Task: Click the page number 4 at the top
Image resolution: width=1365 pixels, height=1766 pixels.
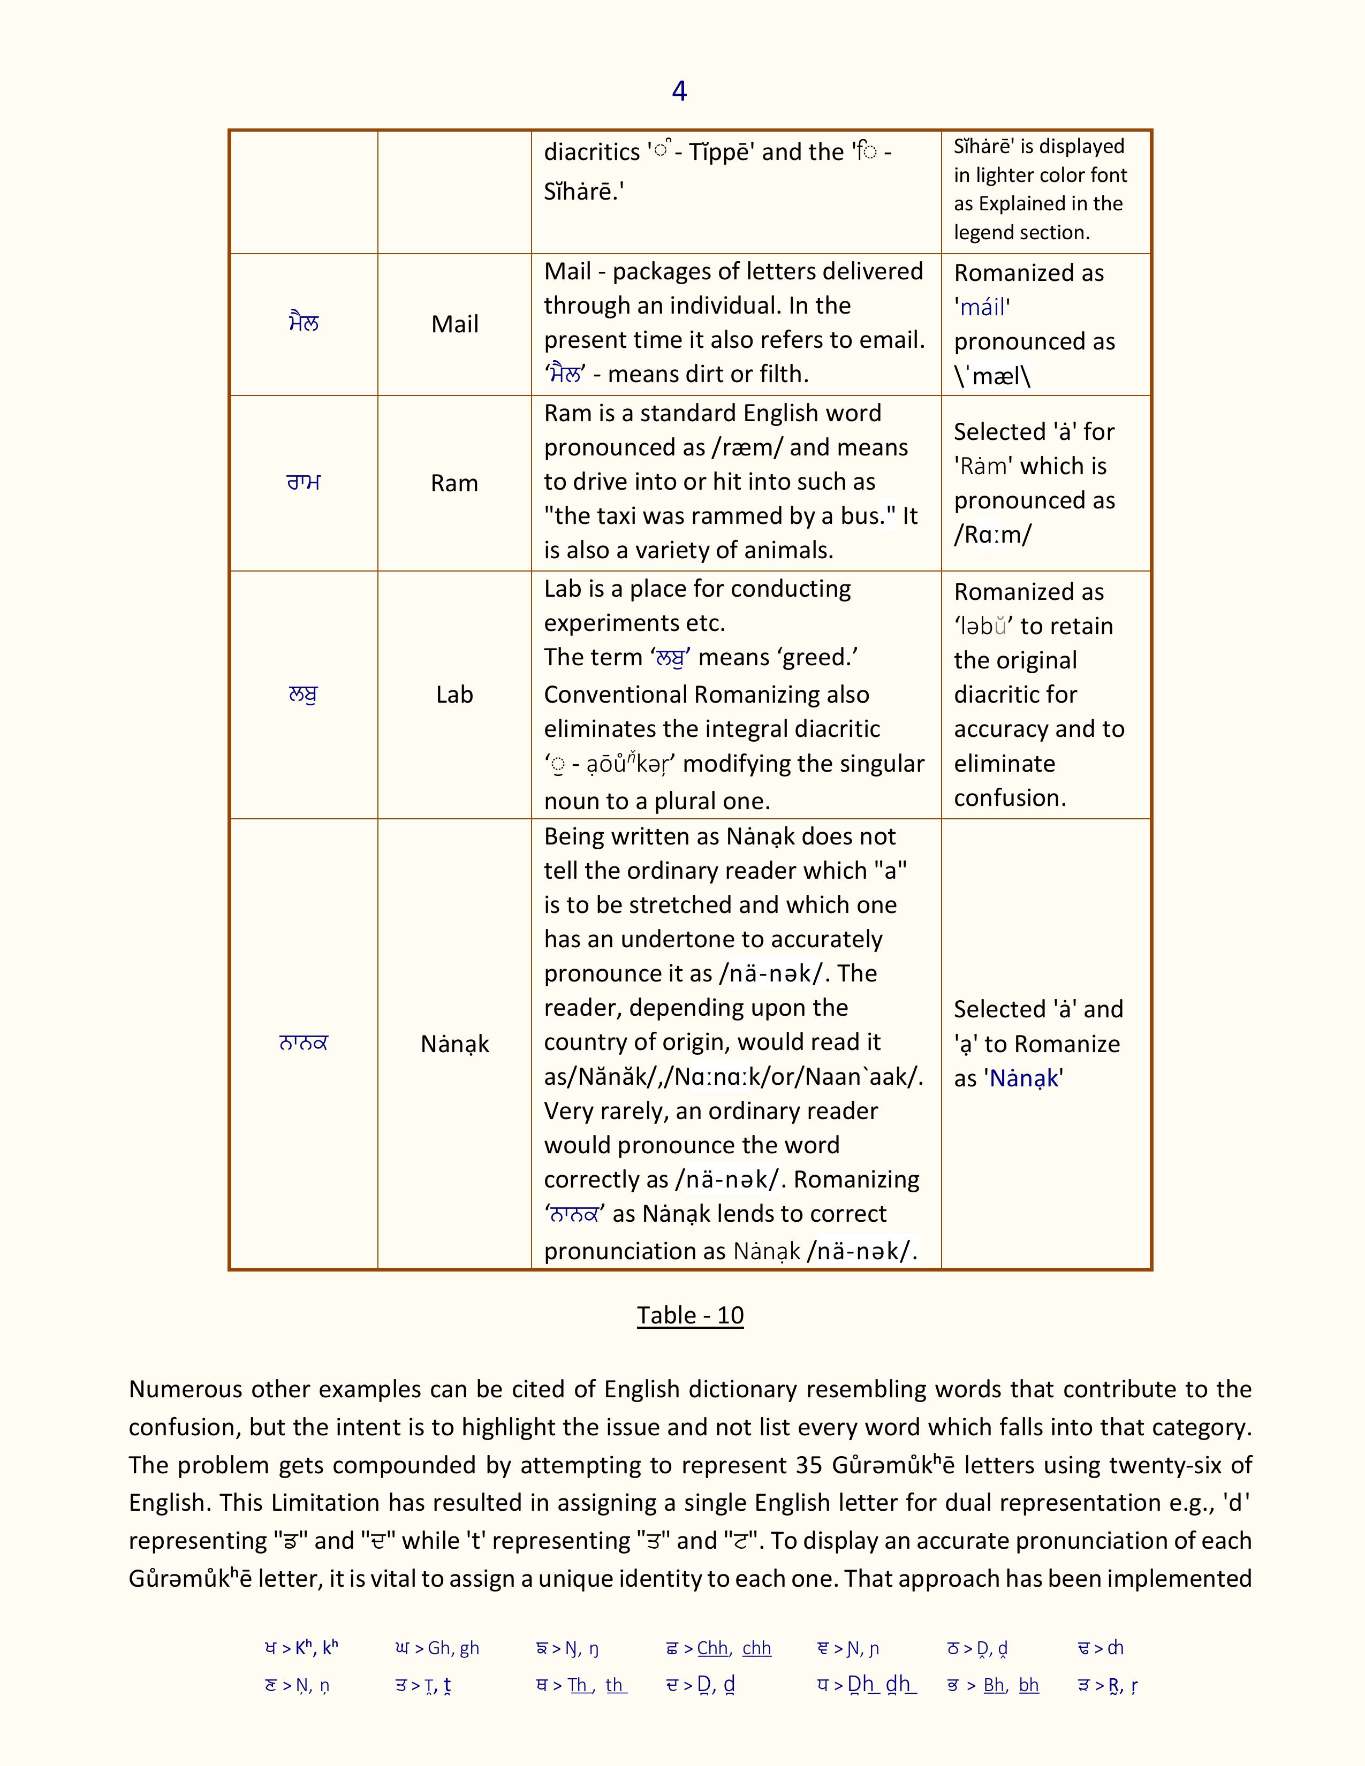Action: (x=679, y=90)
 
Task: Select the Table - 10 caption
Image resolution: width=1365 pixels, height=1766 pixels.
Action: (x=690, y=1315)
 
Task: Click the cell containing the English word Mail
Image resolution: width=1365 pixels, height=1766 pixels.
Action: (x=454, y=324)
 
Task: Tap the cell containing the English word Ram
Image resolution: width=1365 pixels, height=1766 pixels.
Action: (x=454, y=484)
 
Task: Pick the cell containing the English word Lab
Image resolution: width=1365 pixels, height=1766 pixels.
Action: (x=454, y=695)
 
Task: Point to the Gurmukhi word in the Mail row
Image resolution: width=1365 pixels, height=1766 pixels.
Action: (x=304, y=323)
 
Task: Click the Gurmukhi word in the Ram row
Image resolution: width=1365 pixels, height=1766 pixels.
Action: (x=304, y=483)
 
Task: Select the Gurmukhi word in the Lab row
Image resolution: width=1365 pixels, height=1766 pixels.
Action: (x=303, y=695)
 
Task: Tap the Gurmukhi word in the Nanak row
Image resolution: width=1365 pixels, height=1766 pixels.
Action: (x=303, y=1043)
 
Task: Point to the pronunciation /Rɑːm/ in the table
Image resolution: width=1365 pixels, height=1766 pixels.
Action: (x=993, y=535)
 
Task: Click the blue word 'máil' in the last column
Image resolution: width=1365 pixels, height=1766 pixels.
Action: (x=982, y=307)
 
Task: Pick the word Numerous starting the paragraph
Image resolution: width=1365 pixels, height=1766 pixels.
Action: (x=184, y=1389)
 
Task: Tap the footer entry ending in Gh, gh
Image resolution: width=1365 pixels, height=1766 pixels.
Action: (x=437, y=1648)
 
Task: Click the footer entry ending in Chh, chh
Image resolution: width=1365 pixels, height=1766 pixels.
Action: (x=718, y=1648)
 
